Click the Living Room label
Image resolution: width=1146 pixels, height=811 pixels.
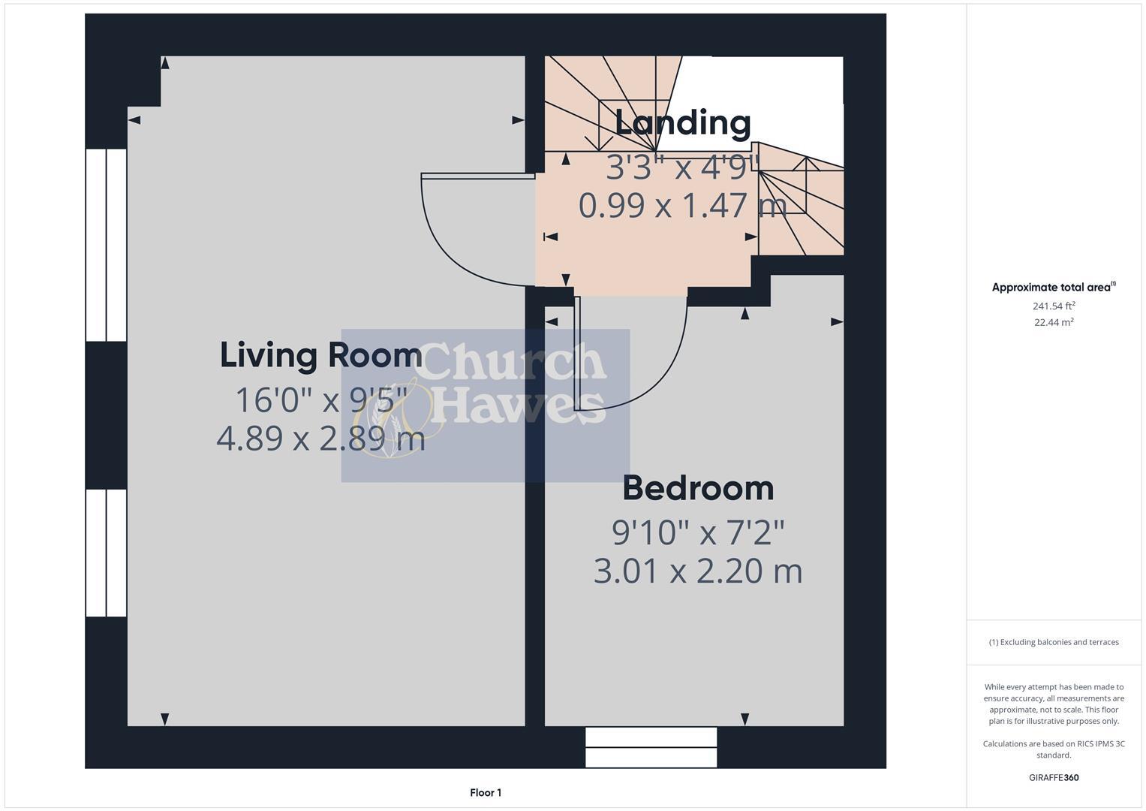[x=320, y=354]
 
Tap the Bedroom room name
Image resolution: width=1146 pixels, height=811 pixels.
[x=698, y=488]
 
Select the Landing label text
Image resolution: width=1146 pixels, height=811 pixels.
[x=682, y=122]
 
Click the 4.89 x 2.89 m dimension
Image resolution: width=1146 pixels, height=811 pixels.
[x=320, y=439]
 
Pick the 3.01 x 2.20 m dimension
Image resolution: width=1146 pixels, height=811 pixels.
[x=698, y=571]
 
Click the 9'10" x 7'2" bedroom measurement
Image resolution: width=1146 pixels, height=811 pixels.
[x=698, y=532]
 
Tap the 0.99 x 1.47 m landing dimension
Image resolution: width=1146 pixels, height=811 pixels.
[x=682, y=205]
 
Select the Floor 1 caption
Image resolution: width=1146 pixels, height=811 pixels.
[x=486, y=792]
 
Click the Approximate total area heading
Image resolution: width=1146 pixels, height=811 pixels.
[x=1053, y=287]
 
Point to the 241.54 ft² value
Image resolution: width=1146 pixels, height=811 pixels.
[x=1053, y=306]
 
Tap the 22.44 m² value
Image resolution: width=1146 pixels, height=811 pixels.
[x=1053, y=322]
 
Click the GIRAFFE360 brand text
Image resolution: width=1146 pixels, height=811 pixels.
[x=1053, y=777]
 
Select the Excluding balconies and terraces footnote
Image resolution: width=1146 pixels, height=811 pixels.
[x=1053, y=642]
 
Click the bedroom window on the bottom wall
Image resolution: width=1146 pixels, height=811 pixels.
[x=651, y=747]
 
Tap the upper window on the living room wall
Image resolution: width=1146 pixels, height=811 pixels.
[x=106, y=245]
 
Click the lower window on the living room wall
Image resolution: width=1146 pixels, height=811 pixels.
[x=106, y=553]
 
